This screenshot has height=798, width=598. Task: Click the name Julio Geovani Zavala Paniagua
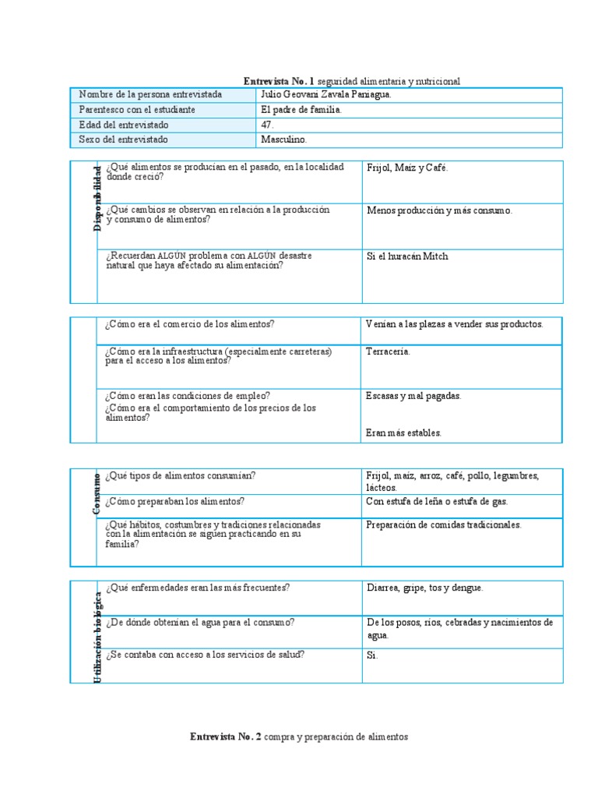326,94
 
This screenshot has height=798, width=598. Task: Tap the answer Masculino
284,139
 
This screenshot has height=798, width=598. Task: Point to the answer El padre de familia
301,110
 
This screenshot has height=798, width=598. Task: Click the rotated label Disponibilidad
97,199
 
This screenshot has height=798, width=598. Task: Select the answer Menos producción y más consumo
439,210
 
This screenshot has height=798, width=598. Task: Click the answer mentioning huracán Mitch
407,256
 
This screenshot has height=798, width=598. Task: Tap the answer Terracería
388,351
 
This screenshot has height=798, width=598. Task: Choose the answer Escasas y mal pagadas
413,396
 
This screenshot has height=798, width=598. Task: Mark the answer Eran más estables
403,433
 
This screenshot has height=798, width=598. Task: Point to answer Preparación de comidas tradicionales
444,525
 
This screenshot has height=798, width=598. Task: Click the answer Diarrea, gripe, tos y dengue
425,588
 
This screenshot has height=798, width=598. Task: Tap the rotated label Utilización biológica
97,638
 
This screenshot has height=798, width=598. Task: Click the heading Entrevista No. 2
298,736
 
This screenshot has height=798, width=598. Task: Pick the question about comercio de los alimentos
190,324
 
